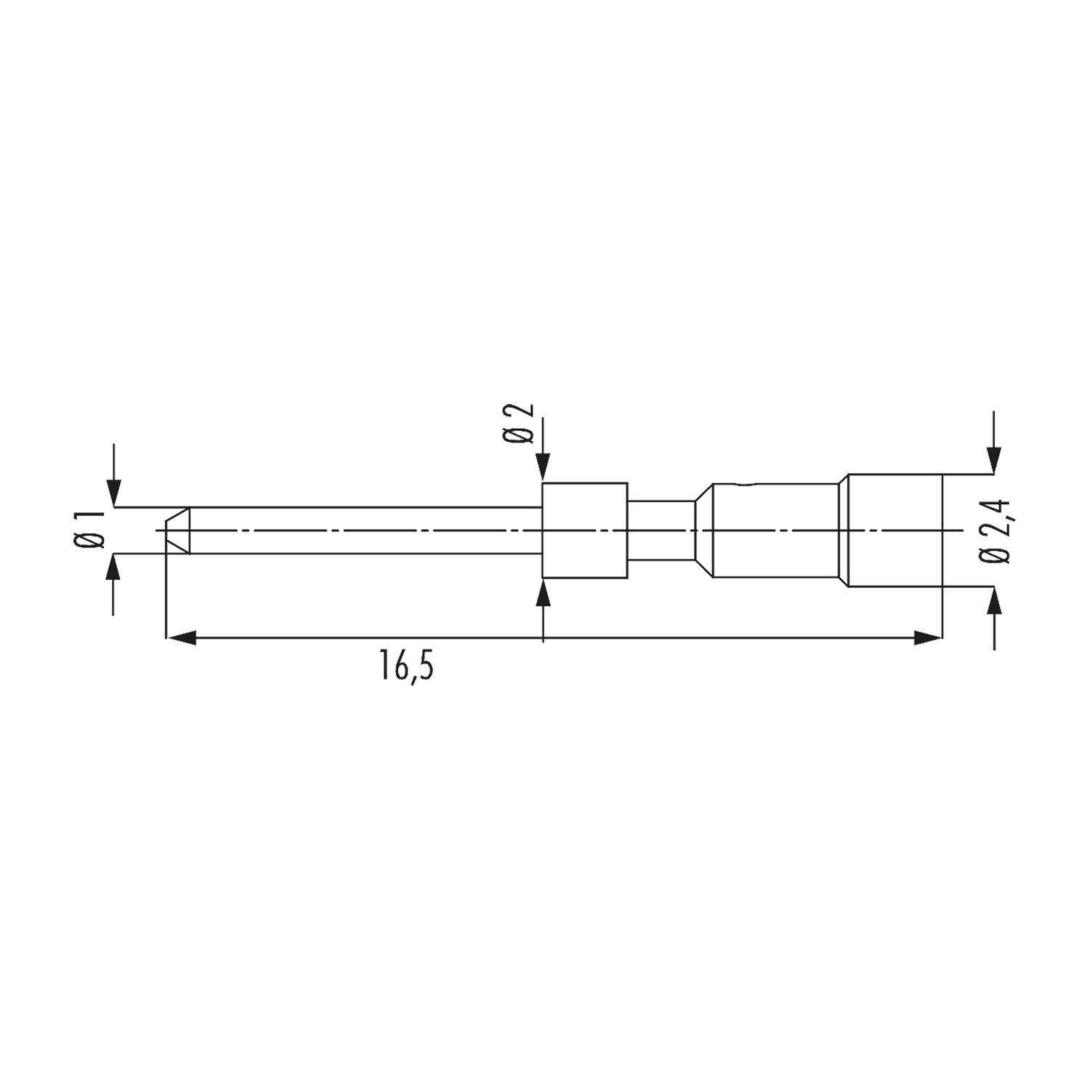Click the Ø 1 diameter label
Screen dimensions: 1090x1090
[93, 530]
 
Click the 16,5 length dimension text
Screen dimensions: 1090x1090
[405, 666]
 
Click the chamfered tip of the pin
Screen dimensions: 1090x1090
[177, 530]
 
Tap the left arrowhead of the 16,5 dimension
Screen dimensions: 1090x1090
[182, 638]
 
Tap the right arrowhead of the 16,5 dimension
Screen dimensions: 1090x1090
[927, 638]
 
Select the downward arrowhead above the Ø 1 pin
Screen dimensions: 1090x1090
[113, 492]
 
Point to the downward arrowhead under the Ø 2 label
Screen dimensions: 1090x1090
[544, 468]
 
